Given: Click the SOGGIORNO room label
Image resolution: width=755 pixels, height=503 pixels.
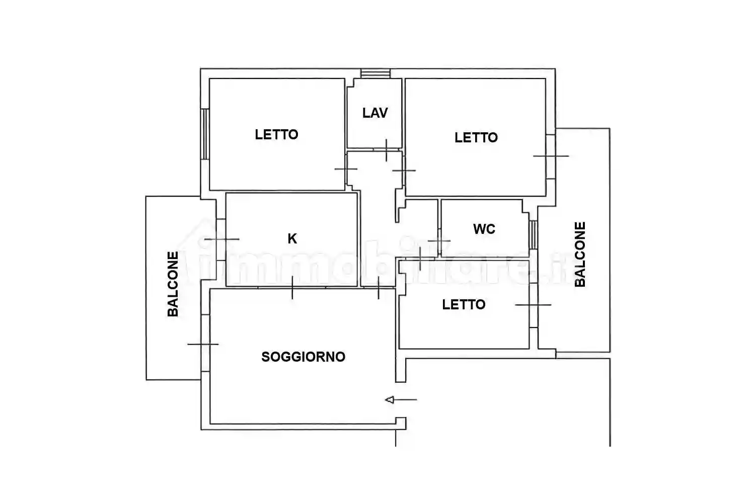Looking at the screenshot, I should point(303,357).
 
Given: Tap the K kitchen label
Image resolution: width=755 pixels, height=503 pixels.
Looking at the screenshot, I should point(292,239).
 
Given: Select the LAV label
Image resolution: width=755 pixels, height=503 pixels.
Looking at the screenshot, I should point(375,113).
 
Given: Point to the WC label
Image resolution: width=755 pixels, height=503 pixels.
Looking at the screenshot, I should point(484,229).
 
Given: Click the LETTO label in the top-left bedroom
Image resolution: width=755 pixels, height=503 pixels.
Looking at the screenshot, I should point(276,135).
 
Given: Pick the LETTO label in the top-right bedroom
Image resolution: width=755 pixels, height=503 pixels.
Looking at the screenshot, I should point(476,138).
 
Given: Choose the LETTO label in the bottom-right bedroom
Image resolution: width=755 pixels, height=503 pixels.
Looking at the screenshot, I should point(464,305).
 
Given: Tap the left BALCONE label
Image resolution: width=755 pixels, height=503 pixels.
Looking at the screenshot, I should point(173,284).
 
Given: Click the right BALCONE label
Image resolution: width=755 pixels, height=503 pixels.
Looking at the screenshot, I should point(580,255).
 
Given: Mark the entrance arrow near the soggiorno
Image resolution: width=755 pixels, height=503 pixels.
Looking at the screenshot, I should point(401,400).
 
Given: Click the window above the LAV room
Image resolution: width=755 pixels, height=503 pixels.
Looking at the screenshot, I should point(375,73).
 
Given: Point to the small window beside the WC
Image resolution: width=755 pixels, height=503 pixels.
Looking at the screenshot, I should point(534,234).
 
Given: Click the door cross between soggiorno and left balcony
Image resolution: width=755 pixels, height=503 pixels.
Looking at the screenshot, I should point(203,345).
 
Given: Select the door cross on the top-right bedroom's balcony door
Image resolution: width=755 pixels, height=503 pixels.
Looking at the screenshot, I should point(551,156).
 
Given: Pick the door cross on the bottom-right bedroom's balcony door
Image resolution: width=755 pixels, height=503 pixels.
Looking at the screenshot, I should point(533,305).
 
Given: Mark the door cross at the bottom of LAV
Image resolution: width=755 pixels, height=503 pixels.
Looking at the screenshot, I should point(387,150).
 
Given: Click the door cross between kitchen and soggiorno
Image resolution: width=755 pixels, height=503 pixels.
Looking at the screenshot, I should point(292,287).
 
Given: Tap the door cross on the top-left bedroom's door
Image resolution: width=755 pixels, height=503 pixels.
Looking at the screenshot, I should point(346,169).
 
